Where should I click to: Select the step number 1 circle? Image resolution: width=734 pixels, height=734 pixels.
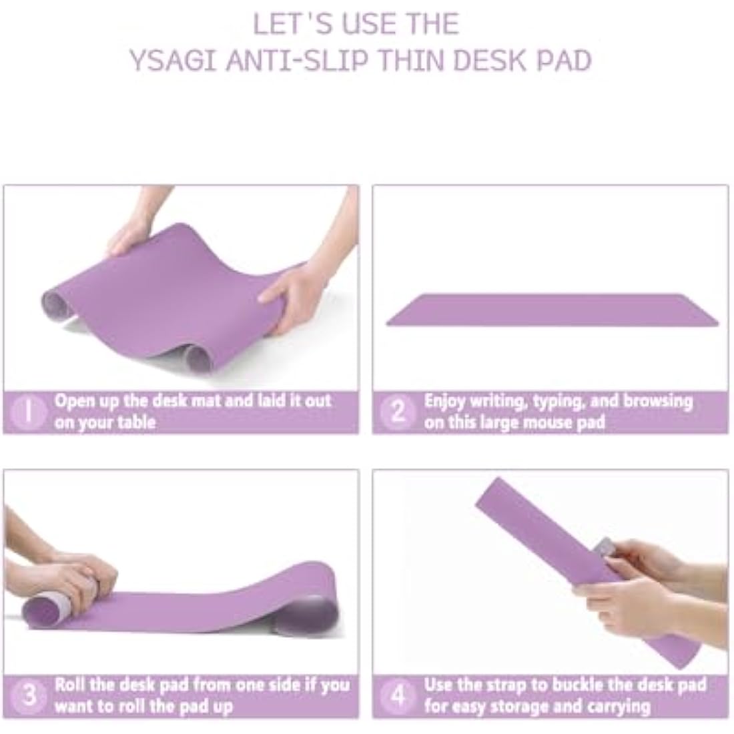point(27,412)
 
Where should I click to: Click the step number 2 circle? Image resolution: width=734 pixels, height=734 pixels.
point(398,412)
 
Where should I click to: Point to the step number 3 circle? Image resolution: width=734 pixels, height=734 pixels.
point(28,695)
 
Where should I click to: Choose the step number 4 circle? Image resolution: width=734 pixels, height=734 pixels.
point(398,695)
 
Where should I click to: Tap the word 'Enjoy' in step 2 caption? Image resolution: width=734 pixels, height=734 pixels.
point(444,402)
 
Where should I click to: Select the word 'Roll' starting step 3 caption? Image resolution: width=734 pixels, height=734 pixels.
point(69,685)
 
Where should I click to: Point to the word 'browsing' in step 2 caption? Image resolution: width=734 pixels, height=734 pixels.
point(658,402)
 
